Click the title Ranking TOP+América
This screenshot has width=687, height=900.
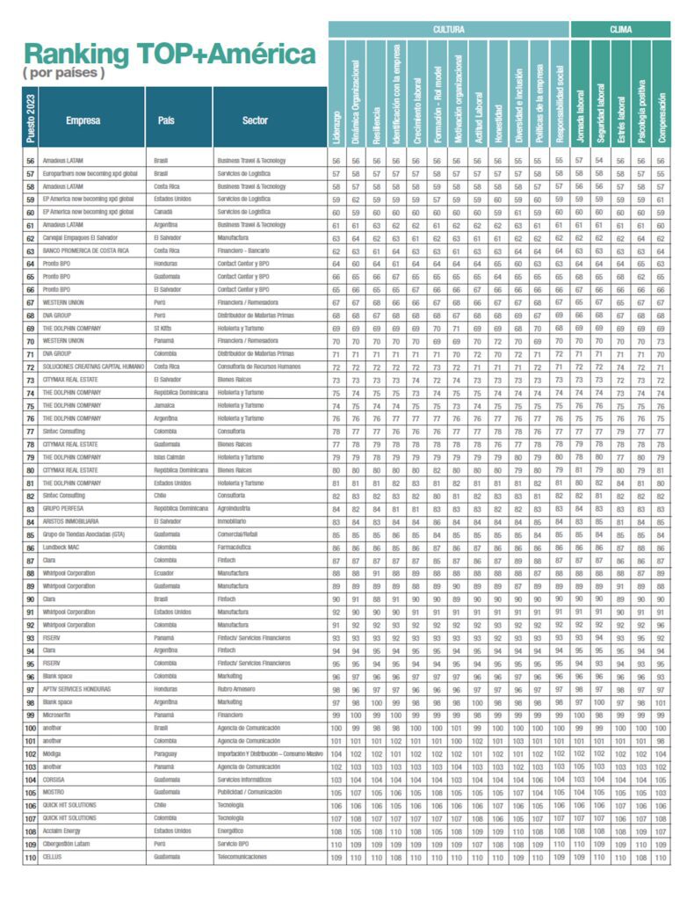tap(169, 54)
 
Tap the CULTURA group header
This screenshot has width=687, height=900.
tap(449, 29)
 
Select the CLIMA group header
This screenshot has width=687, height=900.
tap(620, 29)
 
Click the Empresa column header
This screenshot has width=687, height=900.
tap(83, 120)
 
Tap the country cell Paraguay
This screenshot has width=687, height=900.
tap(168, 753)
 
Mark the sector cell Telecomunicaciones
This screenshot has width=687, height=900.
tap(249, 856)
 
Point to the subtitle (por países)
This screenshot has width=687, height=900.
tap(62, 73)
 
